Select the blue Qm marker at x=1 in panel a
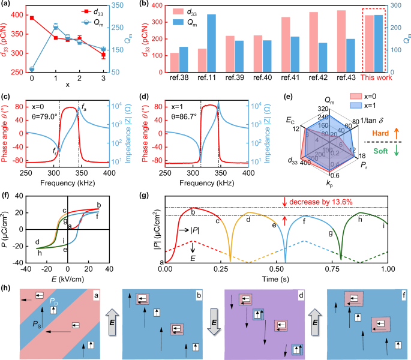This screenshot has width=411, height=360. click(x=56, y=26)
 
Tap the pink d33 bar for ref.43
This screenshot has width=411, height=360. click(x=341, y=41)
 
